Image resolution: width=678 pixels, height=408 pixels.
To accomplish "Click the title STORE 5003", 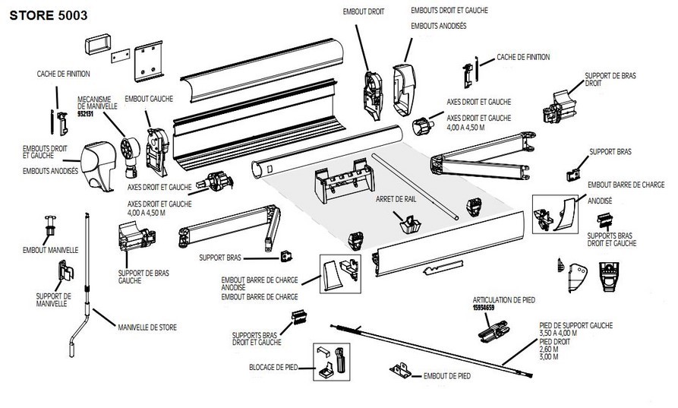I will pyautogui.click(x=48, y=14).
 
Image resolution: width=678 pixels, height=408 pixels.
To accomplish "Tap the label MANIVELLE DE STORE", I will pyautogui.click(x=147, y=327).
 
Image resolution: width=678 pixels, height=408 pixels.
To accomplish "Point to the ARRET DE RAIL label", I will pyautogui.click(x=395, y=199).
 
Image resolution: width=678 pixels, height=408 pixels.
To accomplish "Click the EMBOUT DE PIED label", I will pyautogui.click(x=448, y=375).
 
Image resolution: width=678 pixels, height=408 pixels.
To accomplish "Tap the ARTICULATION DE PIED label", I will pyautogui.click(x=499, y=300).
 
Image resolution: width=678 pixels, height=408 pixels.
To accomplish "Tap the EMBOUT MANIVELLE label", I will pyautogui.click(x=46, y=249).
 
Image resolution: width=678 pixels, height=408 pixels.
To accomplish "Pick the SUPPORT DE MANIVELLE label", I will pyautogui.click(x=53, y=299).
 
